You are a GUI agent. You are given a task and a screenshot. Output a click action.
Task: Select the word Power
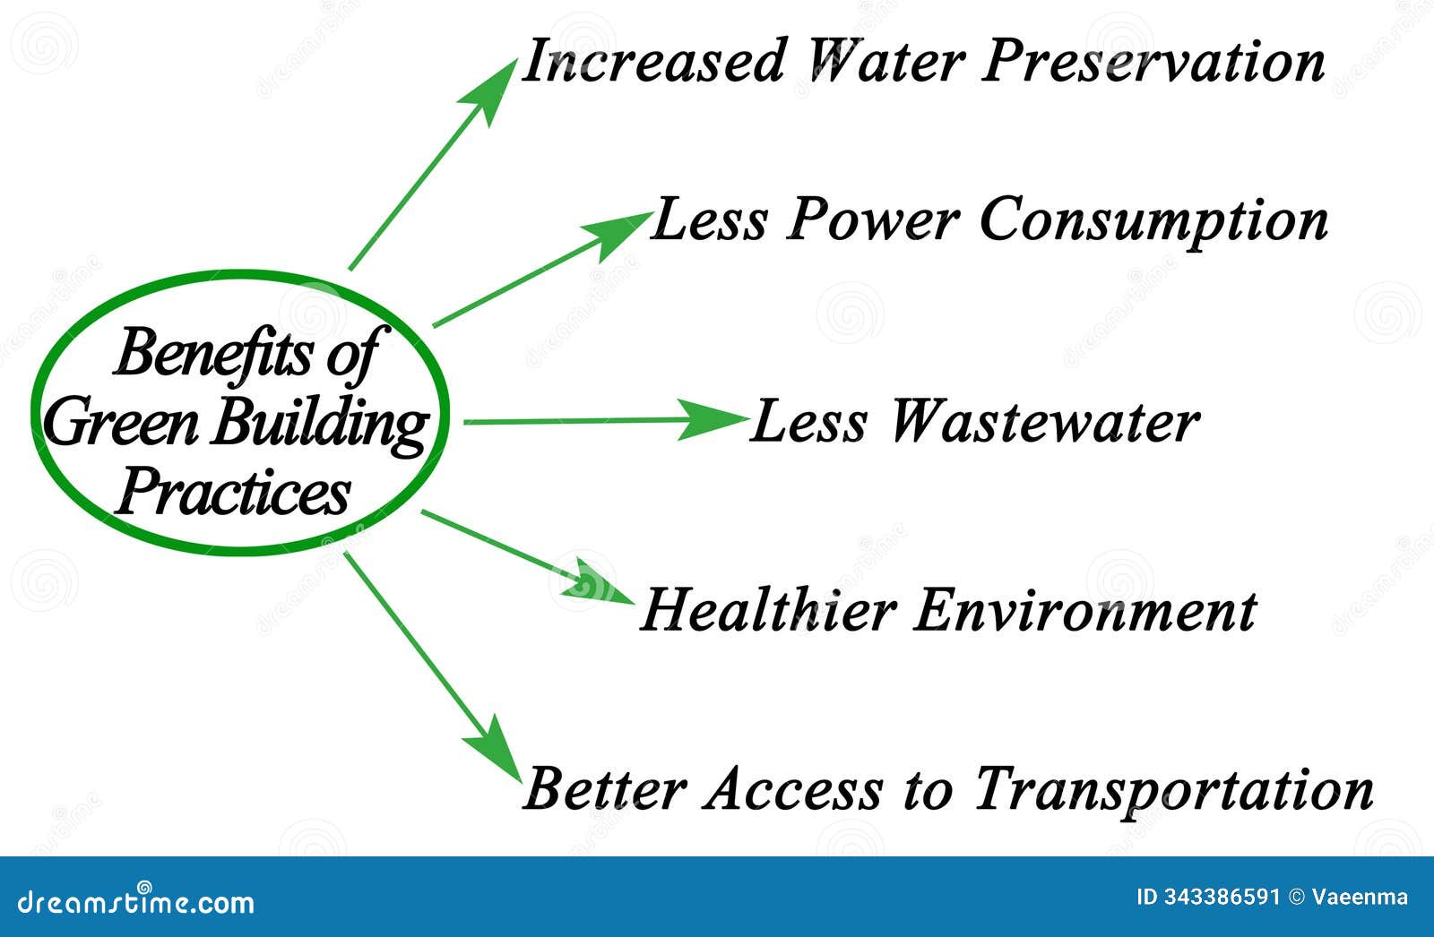pyautogui.click(x=871, y=219)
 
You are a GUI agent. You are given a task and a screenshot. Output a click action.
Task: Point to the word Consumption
pyautogui.click(x=1153, y=220)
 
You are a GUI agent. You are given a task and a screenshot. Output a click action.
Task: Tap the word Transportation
pyautogui.click(x=1173, y=789)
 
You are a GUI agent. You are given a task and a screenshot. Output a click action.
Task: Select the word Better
pyautogui.click(x=604, y=789)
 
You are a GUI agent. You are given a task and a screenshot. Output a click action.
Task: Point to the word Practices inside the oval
pyautogui.click(x=233, y=492)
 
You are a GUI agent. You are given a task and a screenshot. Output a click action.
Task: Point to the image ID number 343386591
pyautogui.click(x=1221, y=897)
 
